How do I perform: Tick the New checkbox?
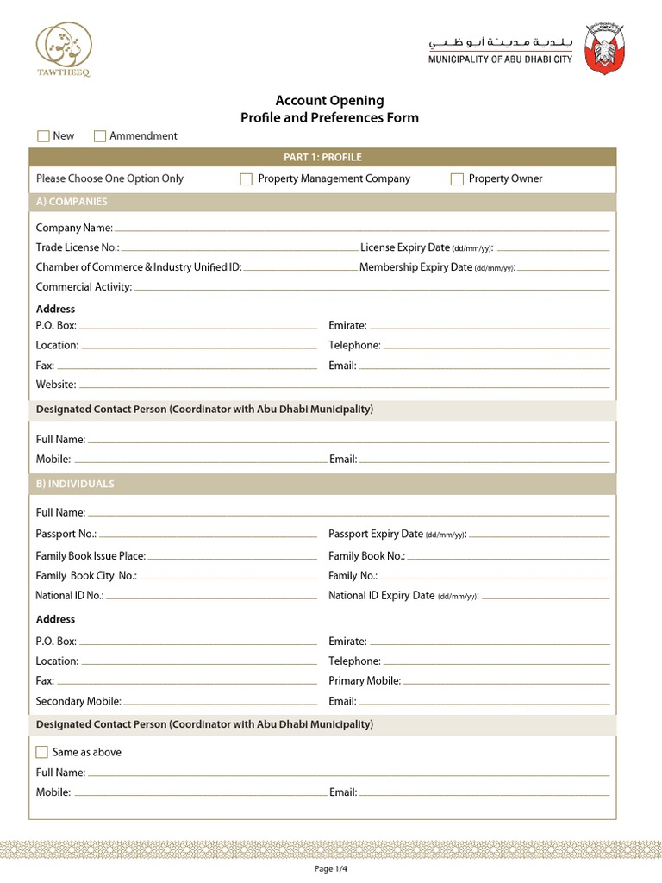point(43,135)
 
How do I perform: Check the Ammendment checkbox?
point(100,135)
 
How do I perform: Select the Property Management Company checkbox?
point(246,179)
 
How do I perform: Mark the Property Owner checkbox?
point(457,179)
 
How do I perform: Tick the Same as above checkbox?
point(42,752)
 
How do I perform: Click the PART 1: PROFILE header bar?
point(322,158)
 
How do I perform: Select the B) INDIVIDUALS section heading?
point(75,484)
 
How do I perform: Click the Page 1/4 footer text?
point(331,869)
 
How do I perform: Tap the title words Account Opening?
point(329,101)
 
